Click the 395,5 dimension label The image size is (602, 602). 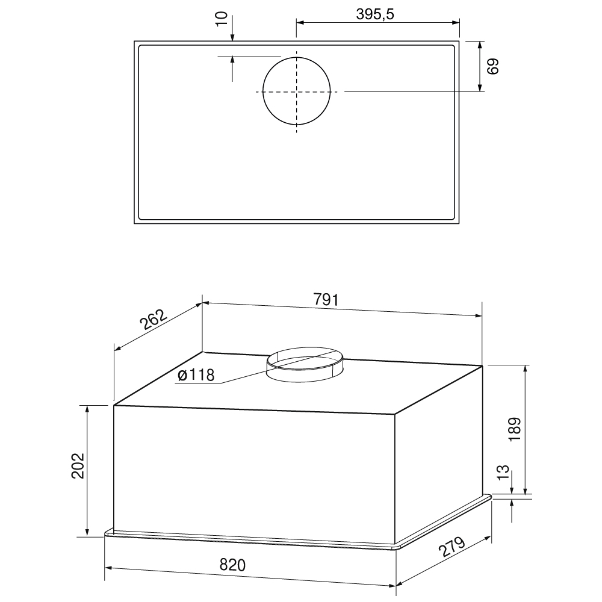click(x=375, y=14)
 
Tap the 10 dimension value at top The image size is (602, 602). click(x=222, y=19)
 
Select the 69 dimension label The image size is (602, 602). click(x=492, y=66)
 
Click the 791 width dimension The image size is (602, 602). click(x=326, y=299)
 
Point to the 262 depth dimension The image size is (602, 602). click(x=154, y=320)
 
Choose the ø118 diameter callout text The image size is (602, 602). click(x=196, y=374)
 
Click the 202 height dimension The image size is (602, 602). click(x=78, y=466)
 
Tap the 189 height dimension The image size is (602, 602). click(x=515, y=429)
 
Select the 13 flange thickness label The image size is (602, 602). click(x=503, y=472)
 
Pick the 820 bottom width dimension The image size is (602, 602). click(x=232, y=565)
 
